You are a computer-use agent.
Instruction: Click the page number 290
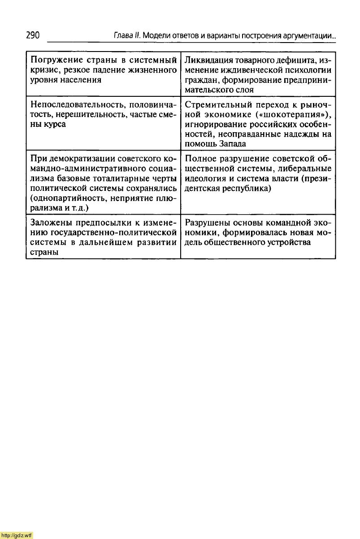click(33, 35)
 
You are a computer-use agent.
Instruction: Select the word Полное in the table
click(200, 159)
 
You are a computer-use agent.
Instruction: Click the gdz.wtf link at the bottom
click(17, 535)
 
